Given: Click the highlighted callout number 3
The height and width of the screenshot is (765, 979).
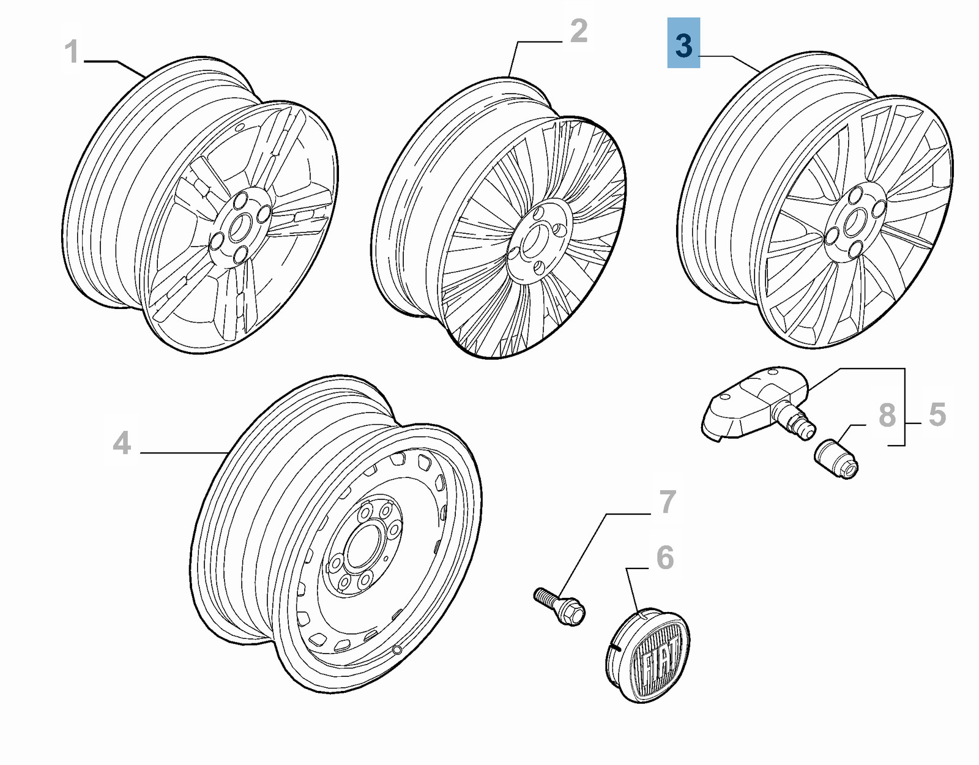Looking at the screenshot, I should (x=683, y=43).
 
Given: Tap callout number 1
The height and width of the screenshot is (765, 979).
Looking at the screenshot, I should (x=72, y=52).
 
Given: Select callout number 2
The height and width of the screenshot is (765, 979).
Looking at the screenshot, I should (x=578, y=31).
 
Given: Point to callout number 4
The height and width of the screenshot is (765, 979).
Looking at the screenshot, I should (x=122, y=442).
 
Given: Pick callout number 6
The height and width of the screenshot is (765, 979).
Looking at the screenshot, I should (x=664, y=558).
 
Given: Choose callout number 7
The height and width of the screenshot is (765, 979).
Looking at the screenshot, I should (x=667, y=502).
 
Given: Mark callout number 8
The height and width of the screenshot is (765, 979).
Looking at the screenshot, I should (x=887, y=415).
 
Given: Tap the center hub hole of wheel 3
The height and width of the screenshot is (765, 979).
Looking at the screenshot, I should (x=854, y=222).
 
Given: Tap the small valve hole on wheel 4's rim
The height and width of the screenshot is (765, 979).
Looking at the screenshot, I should (x=398, y=649).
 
